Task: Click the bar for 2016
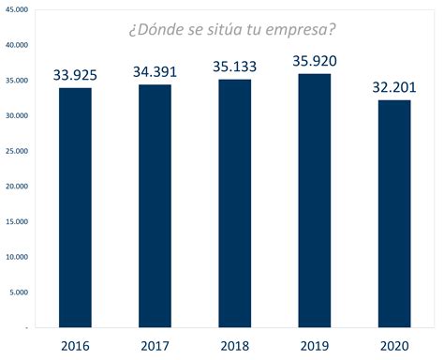75,206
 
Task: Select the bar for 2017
155,205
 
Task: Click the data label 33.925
75,72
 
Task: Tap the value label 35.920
315,61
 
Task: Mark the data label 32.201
394,86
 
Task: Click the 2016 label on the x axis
75,345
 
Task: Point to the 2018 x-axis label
235,345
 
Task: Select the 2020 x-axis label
394,345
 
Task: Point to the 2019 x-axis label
315,345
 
